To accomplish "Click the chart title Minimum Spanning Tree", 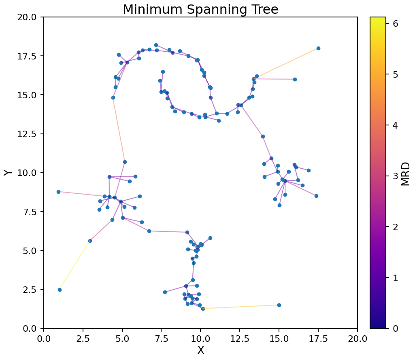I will point(200,9).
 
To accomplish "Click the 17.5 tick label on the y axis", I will point(28,56).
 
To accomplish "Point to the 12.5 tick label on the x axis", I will point(240,337).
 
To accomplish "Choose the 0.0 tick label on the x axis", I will point(44,337).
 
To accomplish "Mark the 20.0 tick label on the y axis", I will point(28,17).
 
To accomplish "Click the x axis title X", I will point(200,350).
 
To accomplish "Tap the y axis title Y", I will point(8,173).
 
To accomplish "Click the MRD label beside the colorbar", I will point(405,174).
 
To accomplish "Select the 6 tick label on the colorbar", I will point(396,23).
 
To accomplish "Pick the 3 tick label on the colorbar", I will point(396,176).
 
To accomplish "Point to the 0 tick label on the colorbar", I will point(396,328).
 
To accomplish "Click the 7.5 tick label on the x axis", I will point(161,337).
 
